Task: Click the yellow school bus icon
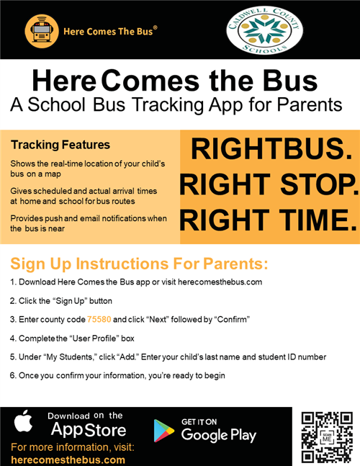point(42,31)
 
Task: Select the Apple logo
point(24,423)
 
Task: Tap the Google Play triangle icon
point(163,430)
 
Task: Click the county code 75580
point(100,319)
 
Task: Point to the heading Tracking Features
point(60,145)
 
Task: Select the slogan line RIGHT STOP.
point(268,184)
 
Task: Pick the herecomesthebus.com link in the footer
point(68,460)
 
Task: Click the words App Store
point(89,431)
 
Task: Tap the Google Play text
point(219,434)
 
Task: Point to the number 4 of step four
point(12,338)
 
